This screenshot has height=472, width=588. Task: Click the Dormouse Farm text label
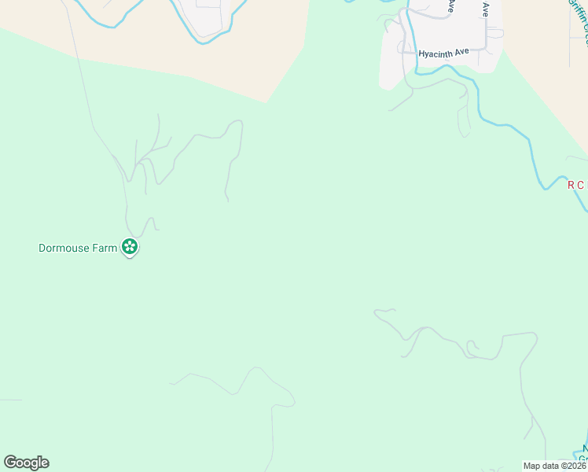coord(78,248)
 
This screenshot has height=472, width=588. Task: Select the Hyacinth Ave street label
coord(443,52)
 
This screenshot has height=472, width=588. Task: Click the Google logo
coord(26,463)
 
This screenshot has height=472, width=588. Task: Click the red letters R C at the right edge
coord(577,186)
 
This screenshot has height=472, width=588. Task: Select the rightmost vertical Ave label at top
coord(486,9)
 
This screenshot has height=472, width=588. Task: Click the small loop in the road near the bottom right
coord(472,346)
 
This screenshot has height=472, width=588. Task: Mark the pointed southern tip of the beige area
coord(268,101)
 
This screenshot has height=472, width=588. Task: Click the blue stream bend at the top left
coord(114,26)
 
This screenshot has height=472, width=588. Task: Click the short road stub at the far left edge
coord(10,400)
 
